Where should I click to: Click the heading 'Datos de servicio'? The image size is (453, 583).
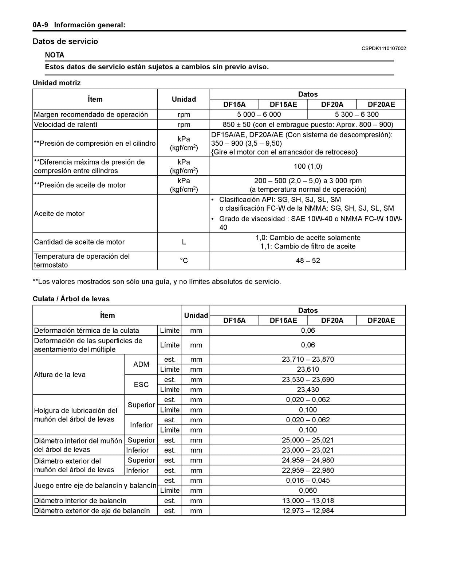click(65, 42)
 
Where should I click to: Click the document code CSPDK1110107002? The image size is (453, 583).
click(383, 48)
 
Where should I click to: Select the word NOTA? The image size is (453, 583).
click(55, 55)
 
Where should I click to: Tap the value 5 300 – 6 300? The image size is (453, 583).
click(357, 114)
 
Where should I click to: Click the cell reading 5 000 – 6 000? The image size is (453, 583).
click(259, 114)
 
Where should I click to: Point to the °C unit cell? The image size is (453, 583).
click(184, 261)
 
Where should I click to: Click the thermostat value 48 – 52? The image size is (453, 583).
click(308, 261)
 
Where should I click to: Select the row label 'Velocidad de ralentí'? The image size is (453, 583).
click(66, 125)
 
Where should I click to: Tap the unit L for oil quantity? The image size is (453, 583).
click(184, 242)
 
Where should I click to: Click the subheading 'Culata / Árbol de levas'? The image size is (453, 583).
click(71, 299)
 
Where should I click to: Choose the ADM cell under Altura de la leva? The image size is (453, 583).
click(141, 364)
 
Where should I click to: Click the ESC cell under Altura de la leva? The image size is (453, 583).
click(141, 384)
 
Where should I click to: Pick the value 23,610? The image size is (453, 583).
click(308, 369)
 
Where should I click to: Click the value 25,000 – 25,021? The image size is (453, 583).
click(308, 440)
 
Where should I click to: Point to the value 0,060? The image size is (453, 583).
click(308, 490)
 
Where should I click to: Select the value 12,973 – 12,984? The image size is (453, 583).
click(308, 510)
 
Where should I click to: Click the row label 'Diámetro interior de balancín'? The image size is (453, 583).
click(80, 501)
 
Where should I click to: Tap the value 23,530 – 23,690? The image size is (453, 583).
click(308, 379)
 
